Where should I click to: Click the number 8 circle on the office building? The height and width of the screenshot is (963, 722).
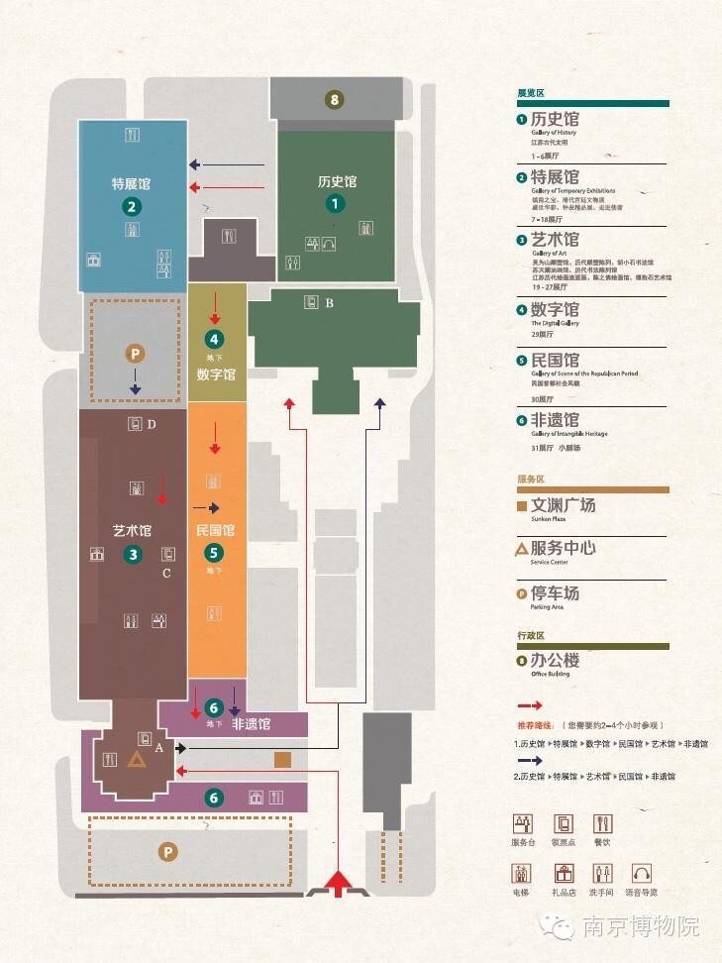[335, 99]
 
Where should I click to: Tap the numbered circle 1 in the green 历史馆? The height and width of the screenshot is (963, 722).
[335, 203]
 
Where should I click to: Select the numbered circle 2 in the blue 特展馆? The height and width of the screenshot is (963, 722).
[130, 207]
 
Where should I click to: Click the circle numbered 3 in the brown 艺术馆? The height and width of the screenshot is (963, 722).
[134, 555]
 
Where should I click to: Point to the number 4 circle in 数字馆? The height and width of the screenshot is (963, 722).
[214, 339]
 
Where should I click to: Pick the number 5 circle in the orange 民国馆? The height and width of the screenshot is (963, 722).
[214, 554]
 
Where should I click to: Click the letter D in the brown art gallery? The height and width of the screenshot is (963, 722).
[152, 425]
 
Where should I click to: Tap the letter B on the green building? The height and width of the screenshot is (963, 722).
[329, 303]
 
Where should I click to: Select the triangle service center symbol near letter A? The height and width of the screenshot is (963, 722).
[136, 759]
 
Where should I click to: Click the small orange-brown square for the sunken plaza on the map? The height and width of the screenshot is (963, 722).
[282, 760]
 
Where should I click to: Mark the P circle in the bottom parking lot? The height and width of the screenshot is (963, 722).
[168, 851]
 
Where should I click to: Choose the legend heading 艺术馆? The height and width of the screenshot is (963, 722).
[555, 240]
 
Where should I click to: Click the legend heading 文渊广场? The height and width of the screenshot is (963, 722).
[563, 505]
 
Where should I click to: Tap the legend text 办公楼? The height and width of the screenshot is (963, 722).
[555, 660]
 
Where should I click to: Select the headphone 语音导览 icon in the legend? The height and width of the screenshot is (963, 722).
[641, 874]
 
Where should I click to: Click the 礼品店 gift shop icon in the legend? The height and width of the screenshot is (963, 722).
[564, 874]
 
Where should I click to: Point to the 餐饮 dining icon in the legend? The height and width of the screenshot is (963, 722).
[602, 823]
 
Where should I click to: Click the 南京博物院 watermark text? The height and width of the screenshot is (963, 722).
[640, 927]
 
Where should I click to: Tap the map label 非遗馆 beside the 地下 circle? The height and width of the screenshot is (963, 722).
[252, 724]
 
